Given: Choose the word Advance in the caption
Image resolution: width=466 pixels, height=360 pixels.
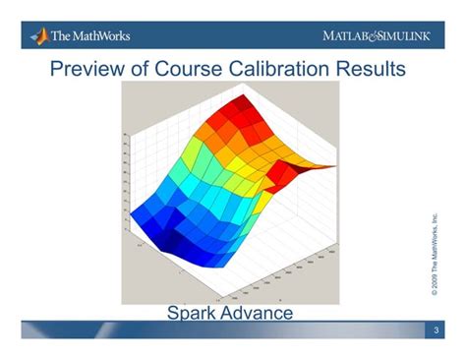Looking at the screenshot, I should pos(262,313).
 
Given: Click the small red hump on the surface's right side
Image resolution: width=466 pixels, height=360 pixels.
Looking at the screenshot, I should pos(284,174).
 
